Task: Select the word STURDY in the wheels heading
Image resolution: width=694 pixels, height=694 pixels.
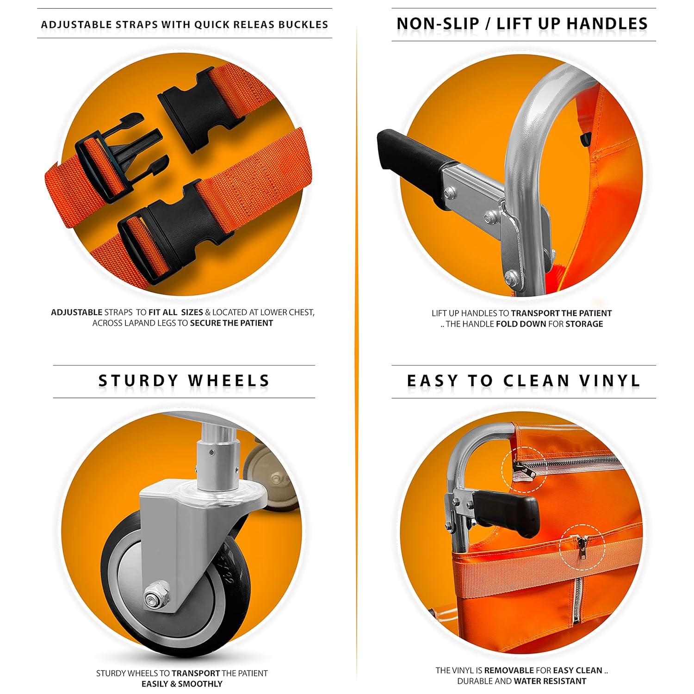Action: [x=138, y=381]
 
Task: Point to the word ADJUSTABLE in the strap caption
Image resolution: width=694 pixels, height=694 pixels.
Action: [x=76, y=312]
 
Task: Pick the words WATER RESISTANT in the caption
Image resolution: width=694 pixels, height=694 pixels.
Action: [x=550, y=681]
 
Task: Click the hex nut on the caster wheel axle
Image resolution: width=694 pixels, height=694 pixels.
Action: [x=152, y=599]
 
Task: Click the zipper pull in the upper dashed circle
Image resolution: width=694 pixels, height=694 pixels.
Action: [x=522, y=470]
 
